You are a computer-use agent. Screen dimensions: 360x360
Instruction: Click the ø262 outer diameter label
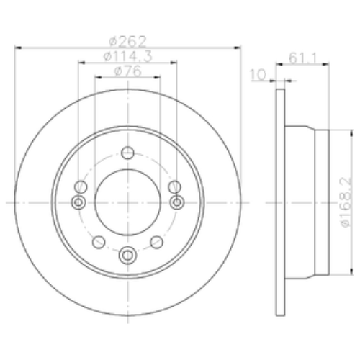pyautogui.click(x=127, y=42)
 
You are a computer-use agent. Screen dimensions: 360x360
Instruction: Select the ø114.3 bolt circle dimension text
pyautogui.click(x=127, y=56)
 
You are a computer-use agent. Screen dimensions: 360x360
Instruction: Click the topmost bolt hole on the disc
pyautogui.click(x=128, y=153)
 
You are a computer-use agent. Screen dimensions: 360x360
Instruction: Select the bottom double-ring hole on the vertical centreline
pyautogui.click(x=128, y=253)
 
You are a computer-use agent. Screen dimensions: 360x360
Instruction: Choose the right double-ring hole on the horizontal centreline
pyautogui.click(x=176, y=203)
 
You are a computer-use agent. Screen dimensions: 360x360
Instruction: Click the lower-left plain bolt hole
pyautogui.click(x=99, y=240)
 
